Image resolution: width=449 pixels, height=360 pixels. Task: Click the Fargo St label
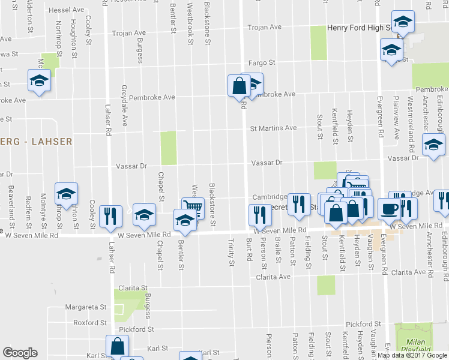pos(262,62)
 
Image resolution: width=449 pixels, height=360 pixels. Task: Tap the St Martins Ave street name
pos(273,128)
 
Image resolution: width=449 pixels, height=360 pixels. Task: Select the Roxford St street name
pos(90,322)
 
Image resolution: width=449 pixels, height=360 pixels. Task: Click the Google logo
pos(20,353)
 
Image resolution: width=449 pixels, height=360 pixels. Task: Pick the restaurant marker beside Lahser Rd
pos(110,215)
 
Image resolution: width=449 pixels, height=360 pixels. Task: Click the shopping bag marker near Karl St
pos(117,346)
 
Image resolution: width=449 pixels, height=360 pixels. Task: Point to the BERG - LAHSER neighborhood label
pos(36,142)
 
